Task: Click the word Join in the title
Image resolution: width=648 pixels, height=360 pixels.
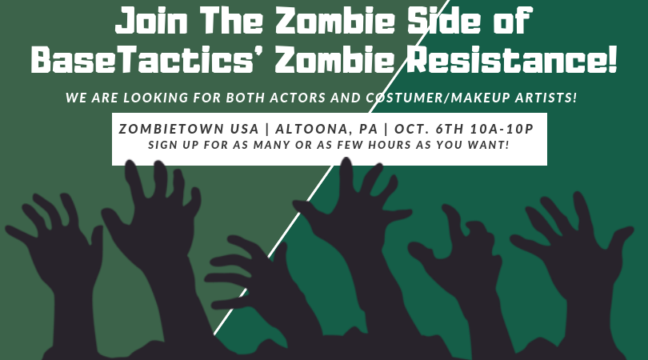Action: (151, 20)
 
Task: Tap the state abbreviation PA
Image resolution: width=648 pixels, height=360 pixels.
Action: (368, 129)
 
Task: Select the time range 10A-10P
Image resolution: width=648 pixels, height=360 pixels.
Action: (502, 129)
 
